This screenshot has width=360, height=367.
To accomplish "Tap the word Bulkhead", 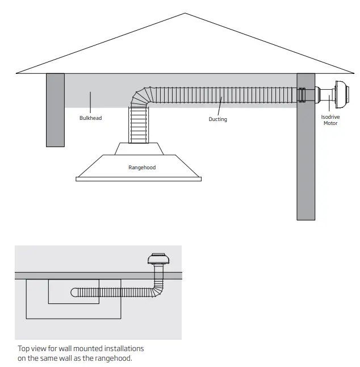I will [91, 118].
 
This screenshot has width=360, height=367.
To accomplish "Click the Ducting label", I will [217, 119].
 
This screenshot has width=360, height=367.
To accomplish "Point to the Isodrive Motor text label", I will [330, 119].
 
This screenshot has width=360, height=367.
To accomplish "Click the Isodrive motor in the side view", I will [335, 94].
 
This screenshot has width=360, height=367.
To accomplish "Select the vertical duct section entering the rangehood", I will [139, 125].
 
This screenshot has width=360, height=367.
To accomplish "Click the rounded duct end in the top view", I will [75, 292].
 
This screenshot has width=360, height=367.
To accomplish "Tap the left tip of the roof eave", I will [17, 73].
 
